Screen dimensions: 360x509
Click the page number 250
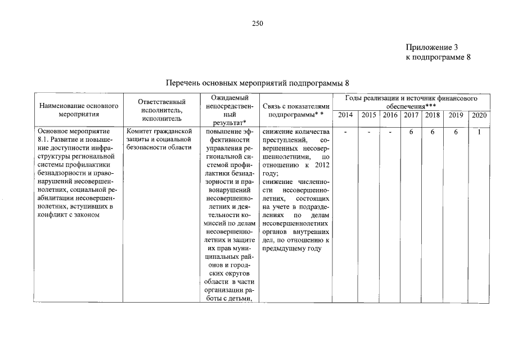258,23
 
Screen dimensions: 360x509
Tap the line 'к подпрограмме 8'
437,57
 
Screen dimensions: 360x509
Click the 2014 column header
346,115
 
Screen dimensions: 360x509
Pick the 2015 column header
369,115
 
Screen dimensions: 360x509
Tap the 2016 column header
390,115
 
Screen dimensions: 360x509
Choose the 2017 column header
411,115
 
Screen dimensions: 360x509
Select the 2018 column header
433,115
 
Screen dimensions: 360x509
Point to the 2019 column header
456,115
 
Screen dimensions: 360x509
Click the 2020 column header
479,115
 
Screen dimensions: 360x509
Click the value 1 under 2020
479,132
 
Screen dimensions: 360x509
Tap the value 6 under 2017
411,132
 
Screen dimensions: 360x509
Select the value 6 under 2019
456,132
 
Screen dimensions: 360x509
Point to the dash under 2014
346,132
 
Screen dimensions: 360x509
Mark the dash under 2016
390,132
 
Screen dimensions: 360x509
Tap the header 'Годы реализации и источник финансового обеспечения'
412,102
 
